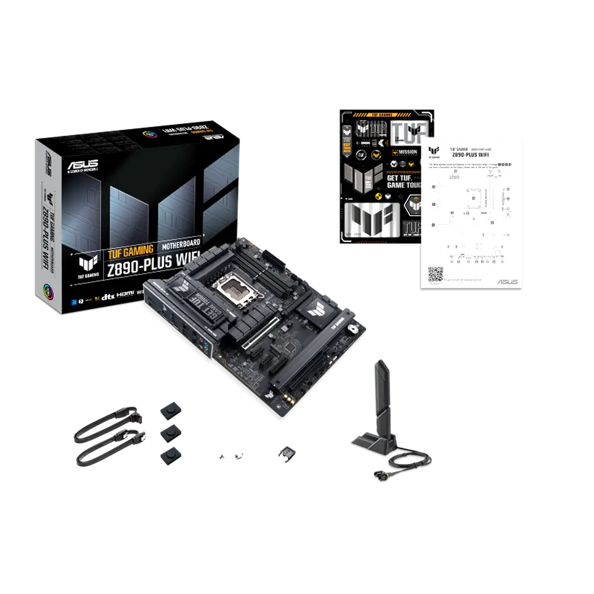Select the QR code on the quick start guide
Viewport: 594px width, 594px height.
[x=435, y=275]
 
